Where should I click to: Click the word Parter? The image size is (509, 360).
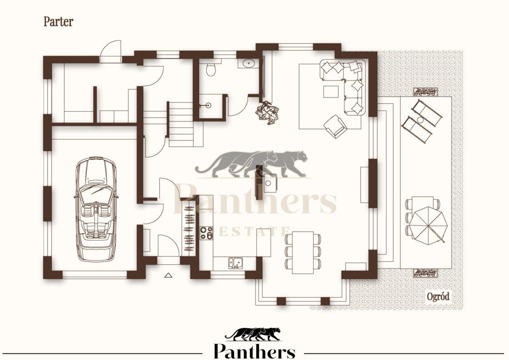click(x=58, y=22)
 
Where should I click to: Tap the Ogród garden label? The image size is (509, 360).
click(x=438, y=296)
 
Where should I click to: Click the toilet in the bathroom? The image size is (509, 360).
click(x=211, y=69)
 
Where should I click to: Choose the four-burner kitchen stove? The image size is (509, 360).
click(x=206, y=233)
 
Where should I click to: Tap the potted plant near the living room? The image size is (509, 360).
click(x=267, y=112)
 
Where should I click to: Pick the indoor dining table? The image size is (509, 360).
click(x=303, y=253)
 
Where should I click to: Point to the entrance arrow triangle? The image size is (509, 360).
click(x=168, y=275)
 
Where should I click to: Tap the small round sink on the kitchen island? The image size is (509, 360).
click(x=268, y=183)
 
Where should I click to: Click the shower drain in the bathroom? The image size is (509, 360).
click(x=209, y=105)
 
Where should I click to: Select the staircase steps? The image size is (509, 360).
click(x=181, y=124)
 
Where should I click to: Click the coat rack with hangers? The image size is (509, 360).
click(x=188, y=227)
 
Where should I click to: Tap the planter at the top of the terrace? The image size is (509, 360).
click(x=425, y=92)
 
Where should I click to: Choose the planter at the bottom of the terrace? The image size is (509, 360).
click(x=425, y=273)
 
